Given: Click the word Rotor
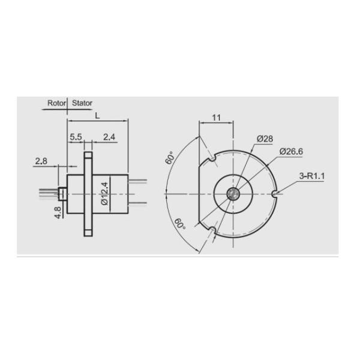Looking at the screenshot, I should pos(57,103).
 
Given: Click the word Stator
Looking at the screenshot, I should pos(83,103).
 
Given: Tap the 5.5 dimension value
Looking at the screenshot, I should pos(76,137).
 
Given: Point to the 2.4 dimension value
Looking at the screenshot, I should pos(109,137).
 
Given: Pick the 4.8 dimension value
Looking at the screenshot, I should pos(58,212).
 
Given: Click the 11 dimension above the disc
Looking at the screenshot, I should pos(217,118).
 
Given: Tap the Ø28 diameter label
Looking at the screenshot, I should pos(265,139).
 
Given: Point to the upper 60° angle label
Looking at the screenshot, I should pos(170,158).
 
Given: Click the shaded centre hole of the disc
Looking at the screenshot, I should pos(232,193).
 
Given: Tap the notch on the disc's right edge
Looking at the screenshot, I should pos(275,194).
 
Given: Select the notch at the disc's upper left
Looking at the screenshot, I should pos(211,158).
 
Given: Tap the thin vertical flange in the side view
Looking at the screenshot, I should pos(88,193).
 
